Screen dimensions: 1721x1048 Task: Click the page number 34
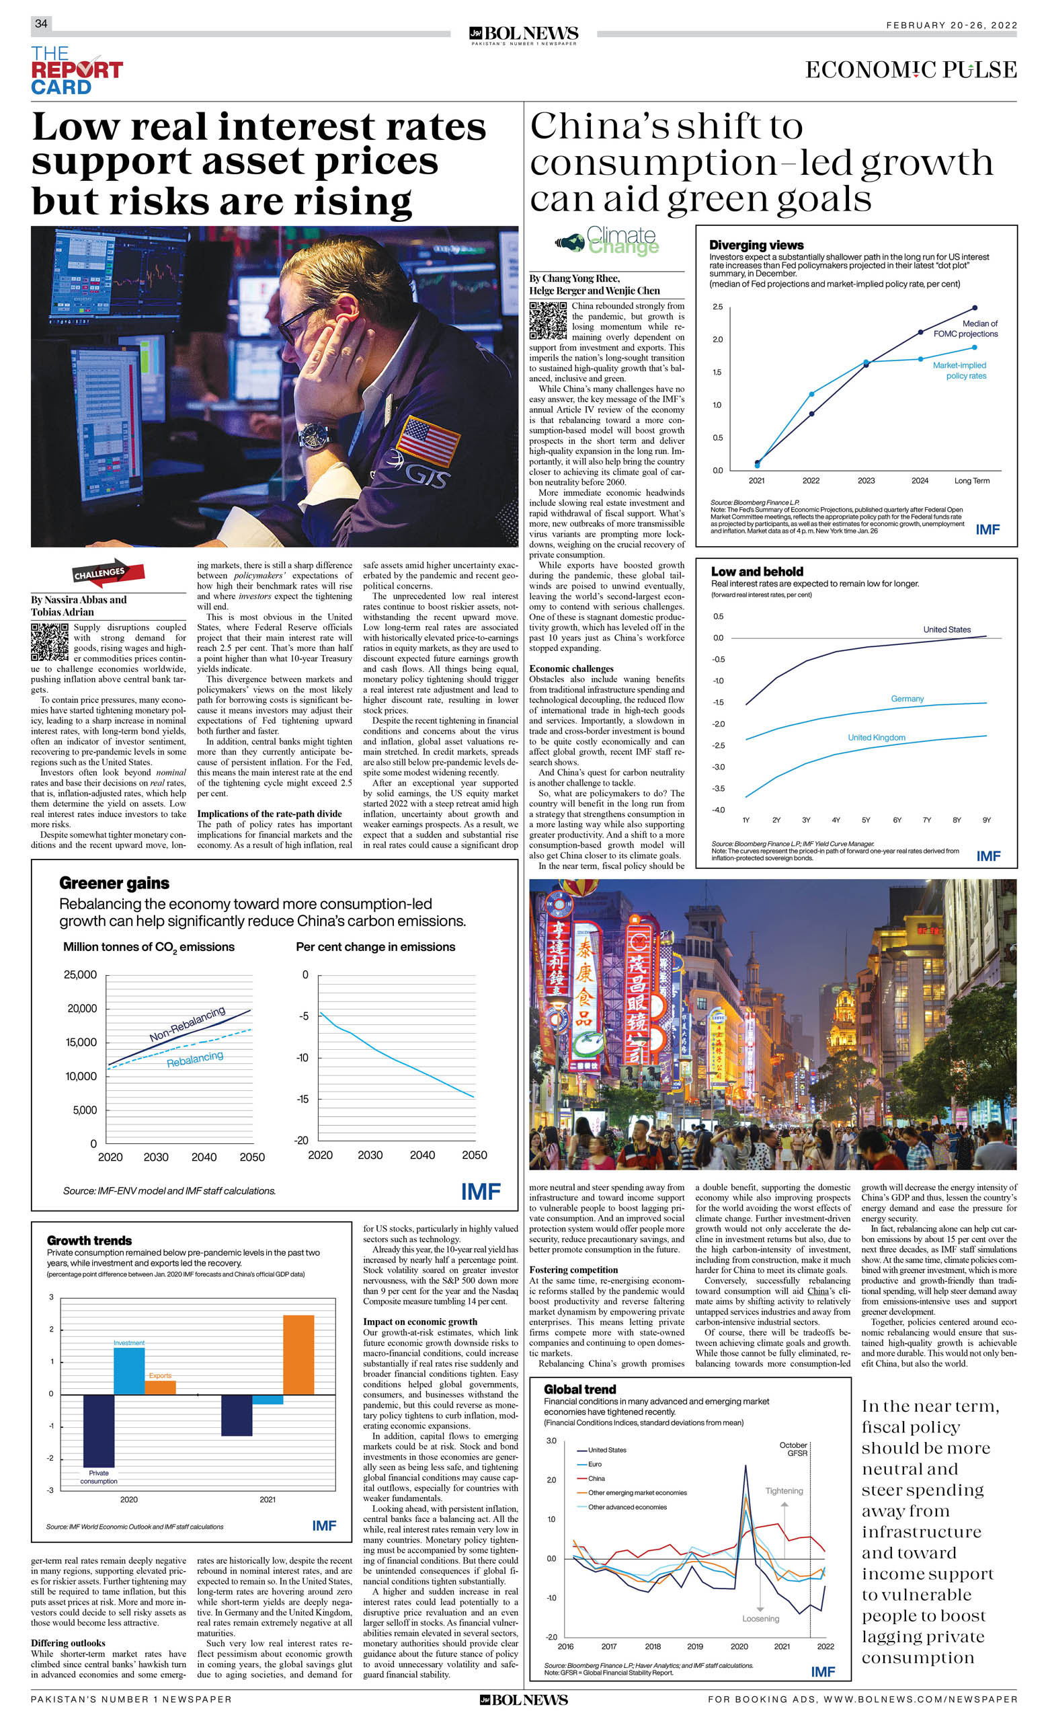tap(41, 24)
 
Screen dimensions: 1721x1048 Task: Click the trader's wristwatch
tap(317, 436)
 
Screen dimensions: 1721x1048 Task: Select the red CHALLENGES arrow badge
tap(108, 573)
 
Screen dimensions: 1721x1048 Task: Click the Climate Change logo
tap(608, 241)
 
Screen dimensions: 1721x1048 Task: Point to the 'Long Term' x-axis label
tap(971, 481)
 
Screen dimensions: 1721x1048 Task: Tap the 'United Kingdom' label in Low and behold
tap(875, 738)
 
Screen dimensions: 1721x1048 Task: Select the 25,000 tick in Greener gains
tap(81, 975)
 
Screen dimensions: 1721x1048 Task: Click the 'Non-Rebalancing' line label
tap(187, 1024)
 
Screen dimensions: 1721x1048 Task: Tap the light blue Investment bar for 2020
tap(129, 1371)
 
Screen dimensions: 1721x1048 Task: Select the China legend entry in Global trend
tap(596, 1478)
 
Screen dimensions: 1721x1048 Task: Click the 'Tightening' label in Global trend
tap(783, 1490)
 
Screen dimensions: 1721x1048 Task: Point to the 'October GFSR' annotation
tap(793, 1449)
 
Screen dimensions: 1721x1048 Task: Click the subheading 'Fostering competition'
tap(573, 1270)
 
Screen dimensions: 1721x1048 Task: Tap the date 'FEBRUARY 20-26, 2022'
tap(951, 25)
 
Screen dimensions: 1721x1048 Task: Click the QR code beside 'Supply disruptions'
tap(50, 642)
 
